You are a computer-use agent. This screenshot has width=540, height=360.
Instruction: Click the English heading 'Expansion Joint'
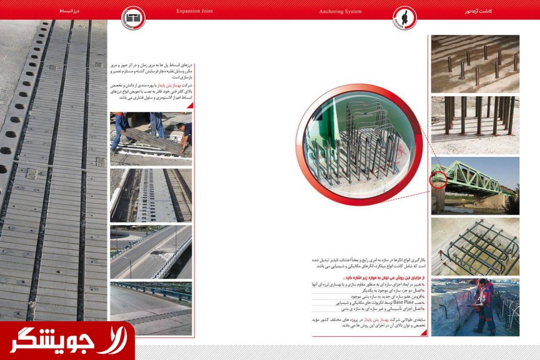pos(194,11)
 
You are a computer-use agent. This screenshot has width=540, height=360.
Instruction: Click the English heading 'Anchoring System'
pos(340,11)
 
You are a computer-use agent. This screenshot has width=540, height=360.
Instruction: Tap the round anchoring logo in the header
pos(404,17)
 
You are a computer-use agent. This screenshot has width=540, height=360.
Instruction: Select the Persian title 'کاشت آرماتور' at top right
pos(479,11)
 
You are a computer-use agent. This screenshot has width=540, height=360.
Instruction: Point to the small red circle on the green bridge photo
pos(439,180)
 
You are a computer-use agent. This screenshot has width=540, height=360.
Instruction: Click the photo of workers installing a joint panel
pos(151,138)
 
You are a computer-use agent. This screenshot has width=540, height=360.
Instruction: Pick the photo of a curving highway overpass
pos(151,251)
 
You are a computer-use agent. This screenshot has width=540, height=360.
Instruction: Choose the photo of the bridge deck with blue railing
pos(151,308)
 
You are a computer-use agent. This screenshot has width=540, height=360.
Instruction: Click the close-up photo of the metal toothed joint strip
pos(151,194)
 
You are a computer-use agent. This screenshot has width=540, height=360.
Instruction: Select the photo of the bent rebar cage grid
pos(475,246)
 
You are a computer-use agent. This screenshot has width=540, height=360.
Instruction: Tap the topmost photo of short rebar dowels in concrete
pos(475,64)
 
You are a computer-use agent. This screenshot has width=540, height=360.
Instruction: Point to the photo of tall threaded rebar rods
pos(475,124)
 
